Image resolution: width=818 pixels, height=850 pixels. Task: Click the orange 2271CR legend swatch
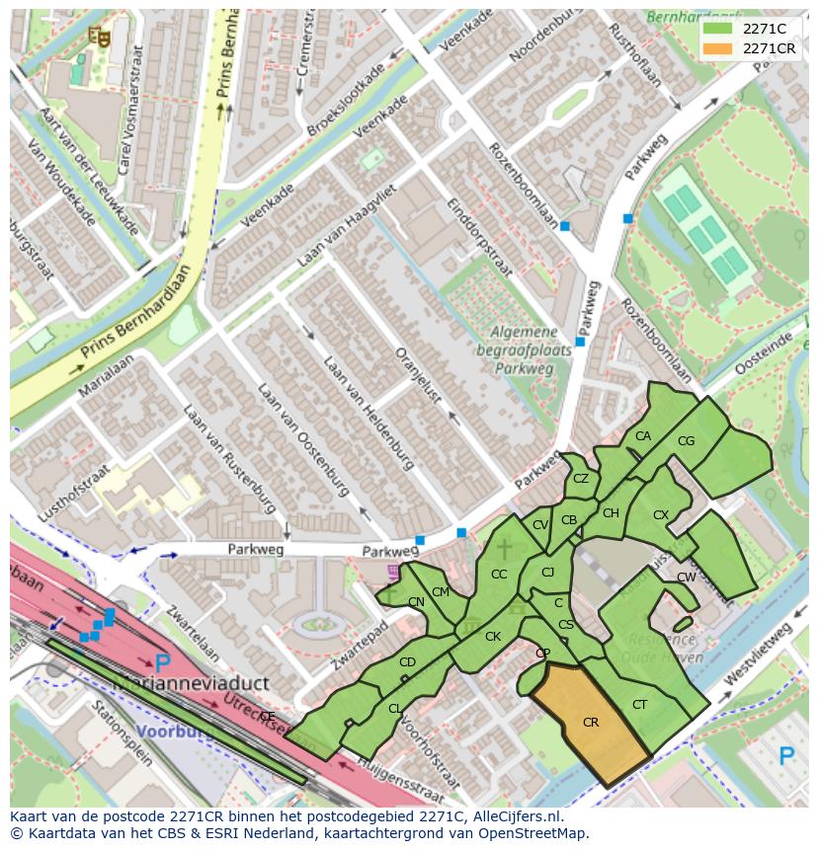tap(719, 48)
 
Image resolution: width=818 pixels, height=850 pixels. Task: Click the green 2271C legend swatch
tap(719, 29)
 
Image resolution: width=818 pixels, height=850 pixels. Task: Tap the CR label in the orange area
tap(591, 723)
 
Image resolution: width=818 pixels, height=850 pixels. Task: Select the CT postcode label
tap(639, 704)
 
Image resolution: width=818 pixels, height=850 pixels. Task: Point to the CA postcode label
tap(643, 436)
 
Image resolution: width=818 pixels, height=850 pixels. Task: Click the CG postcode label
tap(687, 441)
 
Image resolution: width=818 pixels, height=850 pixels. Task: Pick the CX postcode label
tap(661, 515)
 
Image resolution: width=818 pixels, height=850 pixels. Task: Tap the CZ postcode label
tap(581, 479)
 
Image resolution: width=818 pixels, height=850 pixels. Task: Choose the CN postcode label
tap(416, 602)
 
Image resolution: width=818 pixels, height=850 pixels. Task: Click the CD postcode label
tap(407, 661)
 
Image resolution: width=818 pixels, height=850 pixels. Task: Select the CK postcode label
tap(493, 637)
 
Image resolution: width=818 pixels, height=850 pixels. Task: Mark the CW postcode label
tap(687, 578)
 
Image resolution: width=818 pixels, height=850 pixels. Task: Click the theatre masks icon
tap(98, 37)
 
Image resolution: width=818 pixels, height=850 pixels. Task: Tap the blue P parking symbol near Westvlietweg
tap(786, 757)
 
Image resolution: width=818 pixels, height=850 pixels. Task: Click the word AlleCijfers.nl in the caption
tap(515, 816)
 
